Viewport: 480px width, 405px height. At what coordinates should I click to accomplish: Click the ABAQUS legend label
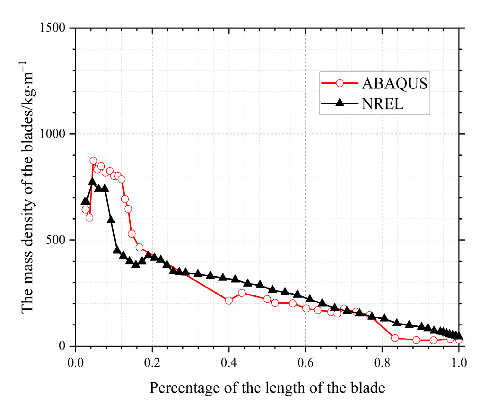click(x=395, y=83)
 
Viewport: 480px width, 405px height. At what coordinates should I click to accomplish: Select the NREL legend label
click(x=382, y=104)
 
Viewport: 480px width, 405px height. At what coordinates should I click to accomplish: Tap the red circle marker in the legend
click(x=340, y=83)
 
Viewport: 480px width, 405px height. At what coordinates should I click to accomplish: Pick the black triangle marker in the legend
click(x=340, y=103)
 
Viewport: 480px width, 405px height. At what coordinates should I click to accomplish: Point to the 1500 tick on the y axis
click(x=53, y=28)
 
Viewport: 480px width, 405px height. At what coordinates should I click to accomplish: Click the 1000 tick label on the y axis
click(x=53, y=134)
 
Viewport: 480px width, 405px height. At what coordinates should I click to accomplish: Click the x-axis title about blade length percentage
click(x=267, y=388)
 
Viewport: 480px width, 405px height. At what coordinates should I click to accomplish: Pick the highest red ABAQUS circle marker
click(x=93, y=161)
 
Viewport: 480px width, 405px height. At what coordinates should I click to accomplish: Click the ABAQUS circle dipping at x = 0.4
click(x=229, y=301)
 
